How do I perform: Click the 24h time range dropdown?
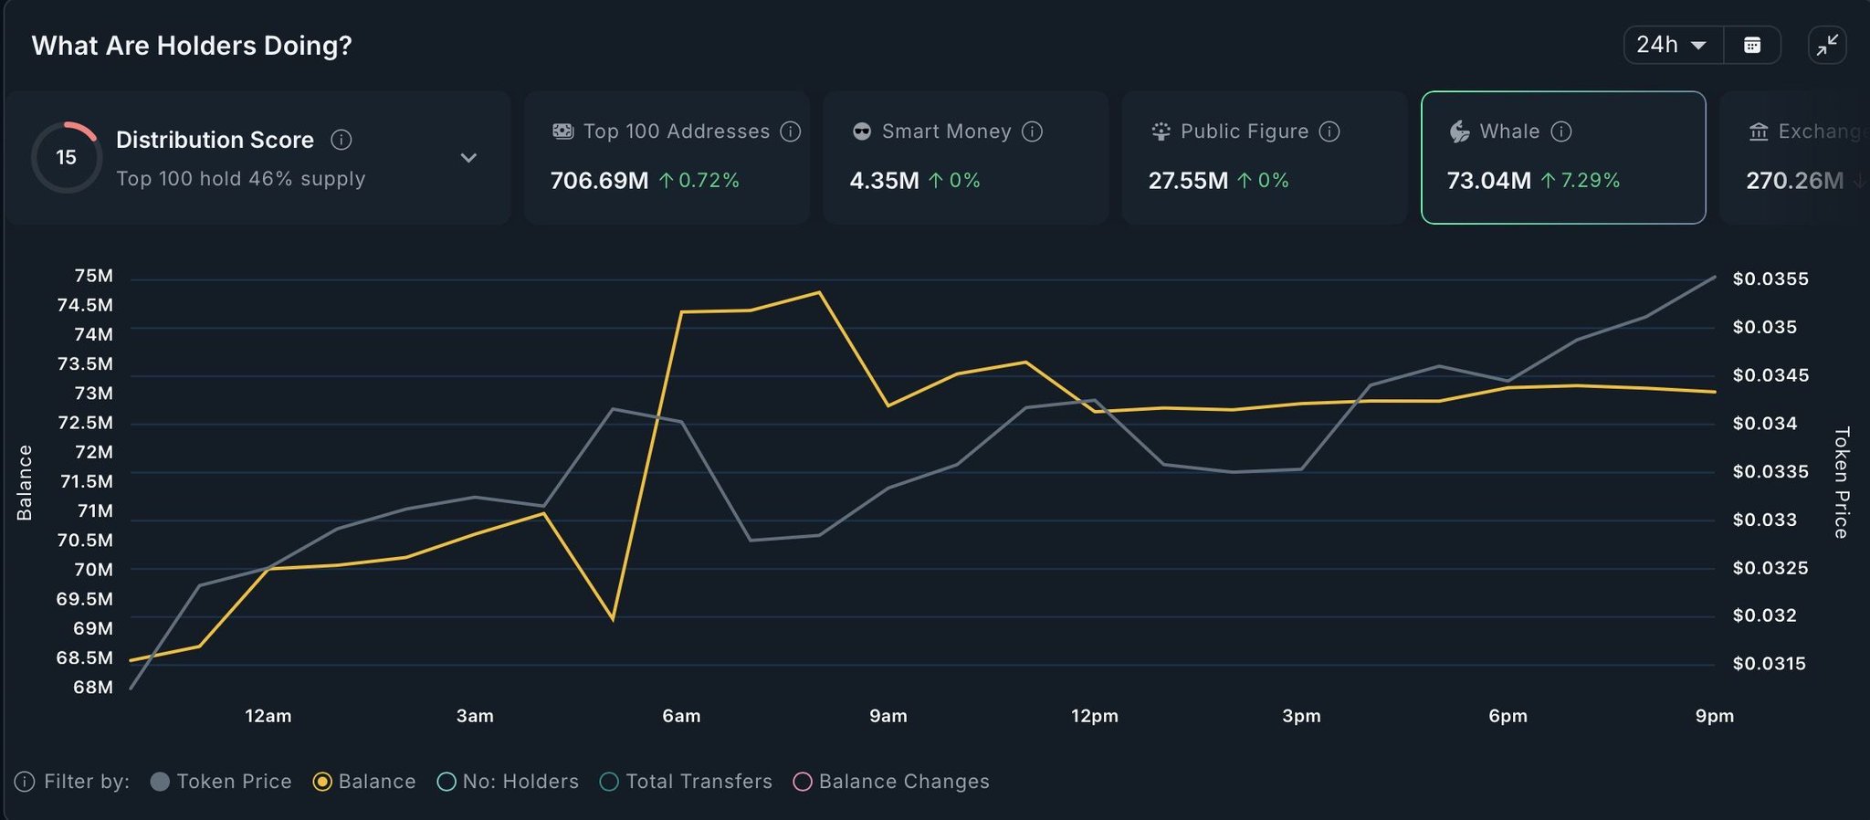1672,45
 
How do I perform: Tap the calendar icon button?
1752,45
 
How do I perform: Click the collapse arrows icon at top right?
1827,45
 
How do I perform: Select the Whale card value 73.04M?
1488,181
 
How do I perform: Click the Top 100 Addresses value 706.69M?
599,181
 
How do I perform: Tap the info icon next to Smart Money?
1033,131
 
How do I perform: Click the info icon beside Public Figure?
1330,131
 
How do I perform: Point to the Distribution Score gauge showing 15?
66,157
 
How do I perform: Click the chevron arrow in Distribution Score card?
468,158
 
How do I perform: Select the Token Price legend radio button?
160,782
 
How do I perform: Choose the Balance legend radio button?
322,782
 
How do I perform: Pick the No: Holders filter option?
446,782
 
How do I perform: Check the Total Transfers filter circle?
609,782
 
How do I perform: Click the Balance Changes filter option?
803,782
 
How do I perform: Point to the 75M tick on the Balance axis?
94,276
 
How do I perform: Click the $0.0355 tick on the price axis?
1770,279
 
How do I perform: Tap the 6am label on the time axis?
681,716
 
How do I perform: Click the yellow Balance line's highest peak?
819,292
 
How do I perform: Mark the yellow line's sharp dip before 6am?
613,620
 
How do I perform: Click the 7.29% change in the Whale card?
1590,181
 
